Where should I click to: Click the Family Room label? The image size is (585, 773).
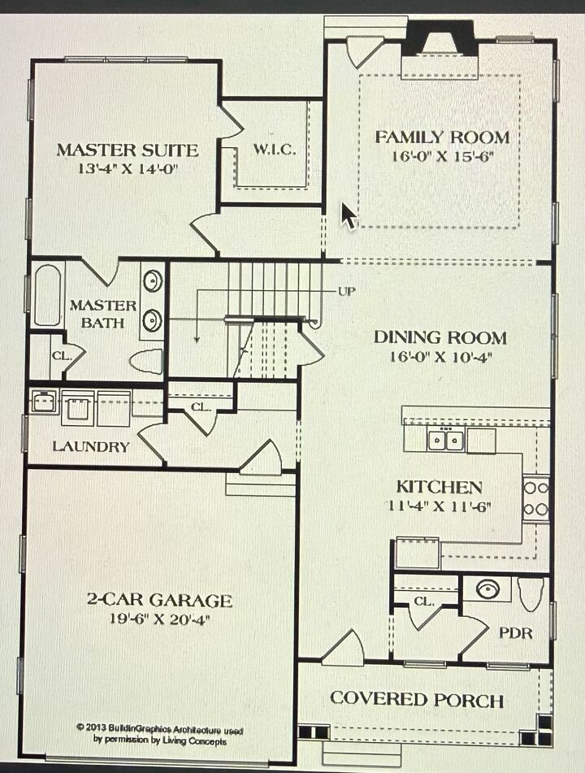point(442,137)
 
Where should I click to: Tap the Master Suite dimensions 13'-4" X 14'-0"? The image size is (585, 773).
point(127,169)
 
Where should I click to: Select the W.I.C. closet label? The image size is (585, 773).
point(275,149)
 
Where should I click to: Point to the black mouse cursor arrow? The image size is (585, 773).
point(349,215)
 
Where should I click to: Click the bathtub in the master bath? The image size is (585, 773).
point(47,296)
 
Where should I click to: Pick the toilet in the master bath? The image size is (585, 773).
point(146,362)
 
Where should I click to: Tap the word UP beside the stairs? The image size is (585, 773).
point(346,291)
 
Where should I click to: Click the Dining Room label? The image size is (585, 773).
point(440,337)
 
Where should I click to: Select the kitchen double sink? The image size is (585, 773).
point(445,440)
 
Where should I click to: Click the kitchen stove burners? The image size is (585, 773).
point(535,498)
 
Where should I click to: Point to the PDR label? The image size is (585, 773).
point(516,632)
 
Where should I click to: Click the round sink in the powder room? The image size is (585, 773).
point(487,588)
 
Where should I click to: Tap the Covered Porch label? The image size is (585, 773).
point(417,699)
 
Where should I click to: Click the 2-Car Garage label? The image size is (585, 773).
point(159,600)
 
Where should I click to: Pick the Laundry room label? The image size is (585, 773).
point(91,446)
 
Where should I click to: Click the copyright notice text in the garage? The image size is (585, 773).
point(160,734)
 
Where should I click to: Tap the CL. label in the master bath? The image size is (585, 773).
point(62,355)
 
